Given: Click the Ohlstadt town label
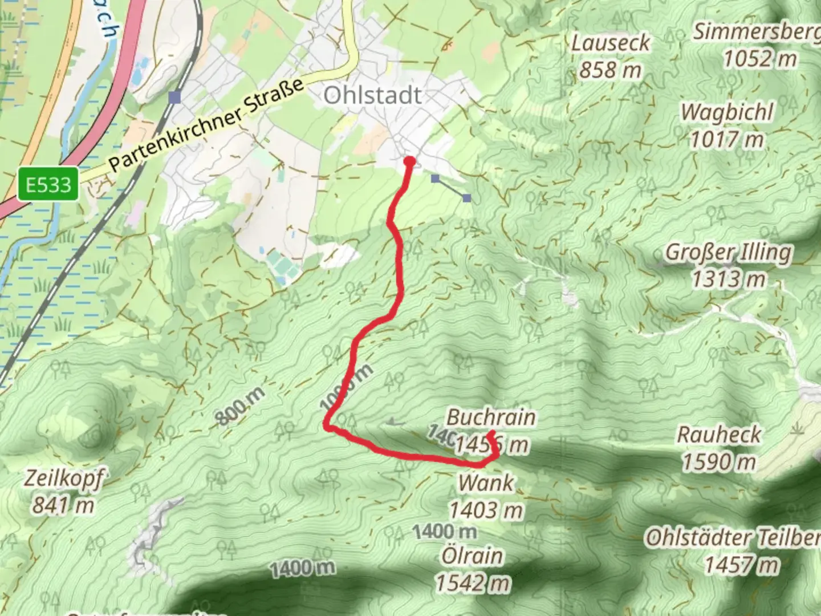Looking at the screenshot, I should [x=373, y=95].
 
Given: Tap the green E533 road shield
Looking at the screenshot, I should [x=48, y=184].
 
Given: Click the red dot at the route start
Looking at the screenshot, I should [x=409, y=161].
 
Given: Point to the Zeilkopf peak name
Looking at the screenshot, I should [x=64, y=478].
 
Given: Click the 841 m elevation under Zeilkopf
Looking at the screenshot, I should [x=63, y=505].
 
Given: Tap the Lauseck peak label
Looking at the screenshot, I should [x=611, y=43].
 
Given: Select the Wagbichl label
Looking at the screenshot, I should [x=727, y=112].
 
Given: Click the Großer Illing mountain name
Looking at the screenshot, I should [x=729, y=252].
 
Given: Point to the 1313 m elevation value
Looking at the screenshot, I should [x=729, y=279].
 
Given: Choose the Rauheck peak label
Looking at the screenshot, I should [x=719, y=435].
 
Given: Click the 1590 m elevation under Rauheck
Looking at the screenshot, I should [x=719, y=462].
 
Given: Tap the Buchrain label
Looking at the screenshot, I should [x=491, y=417].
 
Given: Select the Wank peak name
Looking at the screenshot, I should [x=486, y=483].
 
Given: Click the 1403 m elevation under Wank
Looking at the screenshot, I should [x=486, y=510].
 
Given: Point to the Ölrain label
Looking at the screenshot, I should [x=473, y=556].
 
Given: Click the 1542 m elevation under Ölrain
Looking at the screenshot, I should [x=473, y=583].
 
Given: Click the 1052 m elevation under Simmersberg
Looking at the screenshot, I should [x=760, y=59].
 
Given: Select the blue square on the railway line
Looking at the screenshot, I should [x=174, y=98].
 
